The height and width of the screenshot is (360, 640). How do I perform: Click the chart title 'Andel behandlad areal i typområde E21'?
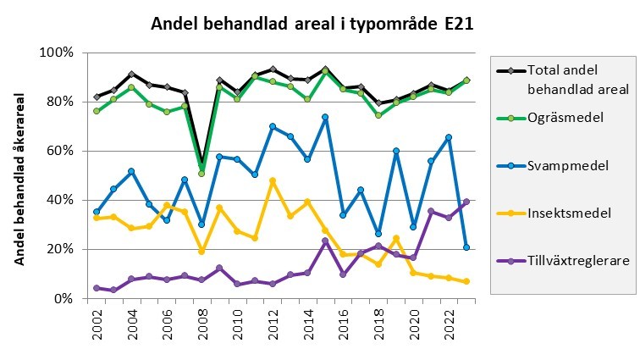pos(312,24)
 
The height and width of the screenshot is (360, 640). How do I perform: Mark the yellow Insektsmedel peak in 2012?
pos(273,180)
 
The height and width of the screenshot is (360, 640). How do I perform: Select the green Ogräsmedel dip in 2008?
pos(201,174)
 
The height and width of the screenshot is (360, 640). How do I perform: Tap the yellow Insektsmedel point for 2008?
pos(201,251)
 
